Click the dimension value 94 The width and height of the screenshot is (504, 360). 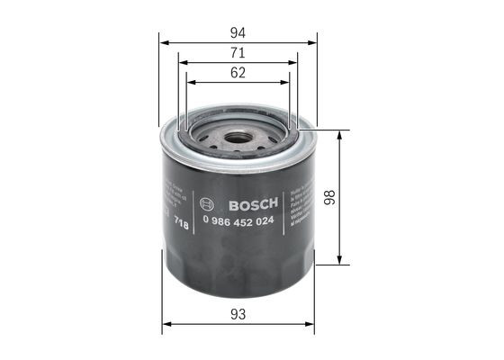pyautogui.click(x=238, y=31)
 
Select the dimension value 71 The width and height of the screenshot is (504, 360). pyautogui.click(x=238, y=54)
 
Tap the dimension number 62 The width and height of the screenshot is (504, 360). pyautogui.click(x=238, y=74)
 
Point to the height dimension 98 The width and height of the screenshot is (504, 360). pyautogui.click(x=354, y=197)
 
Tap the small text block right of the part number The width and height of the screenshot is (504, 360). pyautogui.click(x=298, y=209)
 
